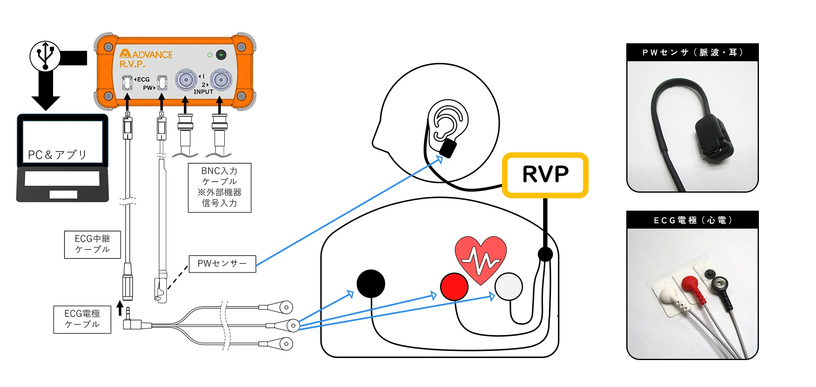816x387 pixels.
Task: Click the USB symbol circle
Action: click(45, 56)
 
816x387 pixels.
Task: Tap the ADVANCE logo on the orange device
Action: click(146, 54)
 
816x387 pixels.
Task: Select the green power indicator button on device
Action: click(221, 55)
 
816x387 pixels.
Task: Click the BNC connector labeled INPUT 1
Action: click(186, 80)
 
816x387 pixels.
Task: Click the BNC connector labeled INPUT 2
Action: click(221, 80)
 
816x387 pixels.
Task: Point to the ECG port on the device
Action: click(127, 83)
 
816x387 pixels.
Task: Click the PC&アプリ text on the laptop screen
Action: click(57, 155)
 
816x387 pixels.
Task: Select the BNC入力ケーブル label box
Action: click(220, 187)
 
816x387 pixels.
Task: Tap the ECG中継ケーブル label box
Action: click(92, 244)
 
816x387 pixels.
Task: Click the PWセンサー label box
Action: click(222, 264)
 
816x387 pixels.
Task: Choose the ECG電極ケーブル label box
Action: click(82, 319)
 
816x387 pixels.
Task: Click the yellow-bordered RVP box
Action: click(545, 175)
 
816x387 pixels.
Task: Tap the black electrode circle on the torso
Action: click(370, 283)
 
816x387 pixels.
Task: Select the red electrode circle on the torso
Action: click(454, 287)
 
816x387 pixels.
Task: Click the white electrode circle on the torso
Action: click(508, 287)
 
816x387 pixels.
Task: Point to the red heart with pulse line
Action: click(481, 257)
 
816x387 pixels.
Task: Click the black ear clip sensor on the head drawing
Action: click(448, 148)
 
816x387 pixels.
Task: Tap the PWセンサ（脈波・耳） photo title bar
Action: click(692, 53)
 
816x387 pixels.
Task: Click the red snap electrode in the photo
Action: click(690, 282)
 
